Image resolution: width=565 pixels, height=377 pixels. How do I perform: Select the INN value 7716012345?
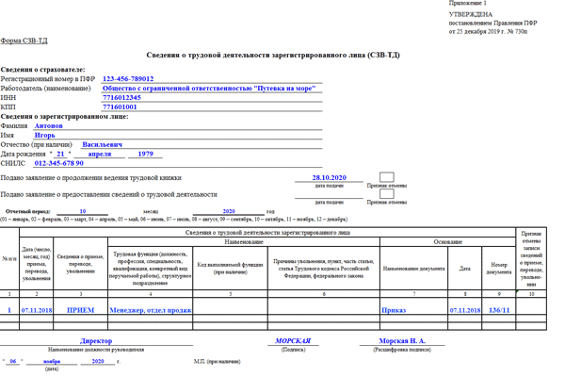124,98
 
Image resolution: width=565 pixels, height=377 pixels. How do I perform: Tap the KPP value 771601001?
121,107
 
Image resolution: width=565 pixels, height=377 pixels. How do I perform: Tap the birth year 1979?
144,154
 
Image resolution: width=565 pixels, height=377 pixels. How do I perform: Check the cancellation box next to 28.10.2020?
386,176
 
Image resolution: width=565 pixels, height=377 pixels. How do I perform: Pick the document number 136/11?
498,308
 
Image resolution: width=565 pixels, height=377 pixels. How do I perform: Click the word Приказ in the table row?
394,308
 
